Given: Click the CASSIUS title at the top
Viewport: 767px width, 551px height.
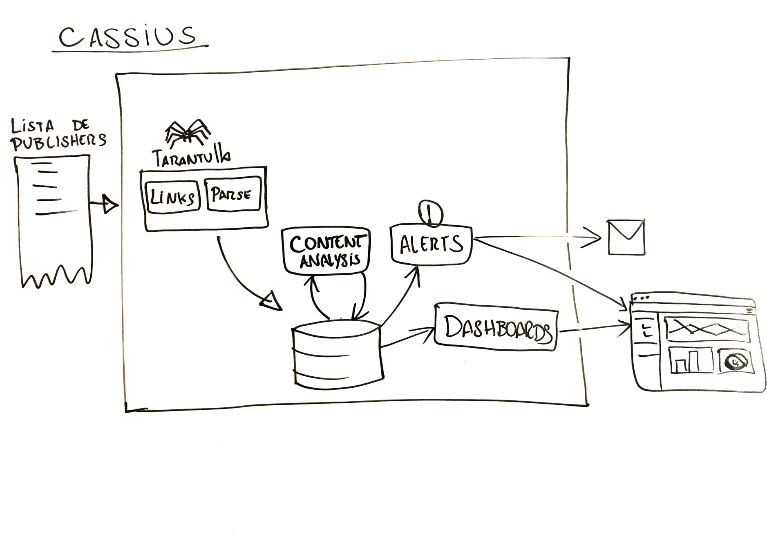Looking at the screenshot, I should coord(128,37).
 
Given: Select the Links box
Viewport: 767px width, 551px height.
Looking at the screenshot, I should coord(172,198).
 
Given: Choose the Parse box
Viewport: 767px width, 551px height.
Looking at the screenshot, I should coord(233,193).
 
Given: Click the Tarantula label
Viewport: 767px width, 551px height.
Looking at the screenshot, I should coord(190,158).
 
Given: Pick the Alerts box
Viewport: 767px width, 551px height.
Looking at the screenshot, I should coord(431,244).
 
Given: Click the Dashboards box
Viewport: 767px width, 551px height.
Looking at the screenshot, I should coord(496,327).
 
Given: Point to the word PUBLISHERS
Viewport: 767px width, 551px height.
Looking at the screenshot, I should coord(58,141).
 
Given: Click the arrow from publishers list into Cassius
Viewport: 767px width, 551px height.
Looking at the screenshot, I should coord(105,204).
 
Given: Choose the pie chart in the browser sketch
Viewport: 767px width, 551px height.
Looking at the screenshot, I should coord(736,361).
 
